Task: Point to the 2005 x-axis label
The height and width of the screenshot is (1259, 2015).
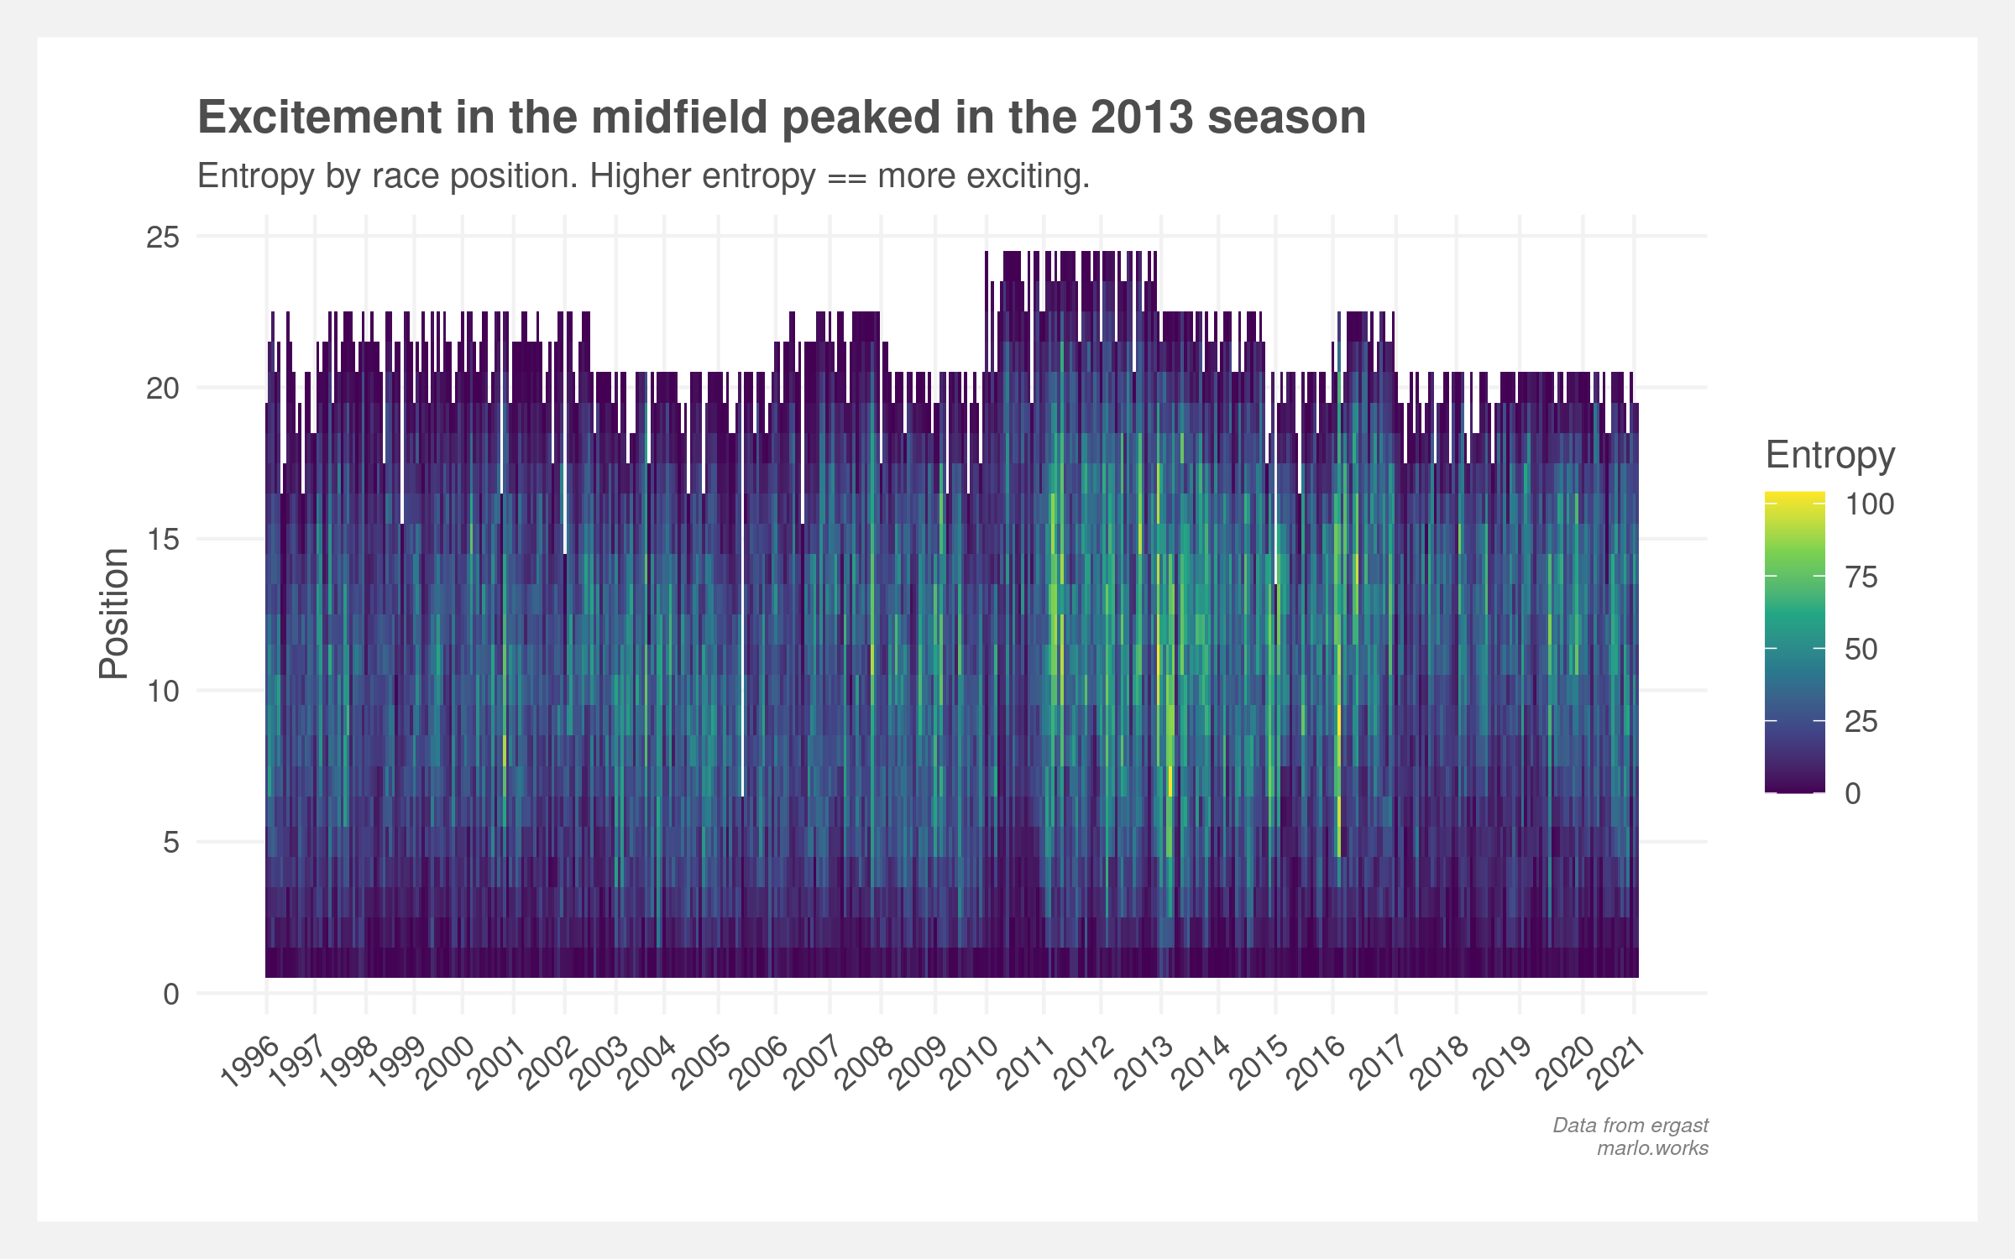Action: click(702, 1063)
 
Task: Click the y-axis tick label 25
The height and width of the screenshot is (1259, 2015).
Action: click(163, 238)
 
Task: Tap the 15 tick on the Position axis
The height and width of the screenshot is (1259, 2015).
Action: click(163, 540)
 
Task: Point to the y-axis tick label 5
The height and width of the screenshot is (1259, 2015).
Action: click(171, 842)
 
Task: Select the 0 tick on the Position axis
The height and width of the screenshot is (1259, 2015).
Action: click(171, 994)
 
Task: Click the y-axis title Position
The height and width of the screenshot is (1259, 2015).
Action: click(114, 614)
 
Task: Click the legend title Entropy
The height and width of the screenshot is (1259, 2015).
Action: click(1830, 455)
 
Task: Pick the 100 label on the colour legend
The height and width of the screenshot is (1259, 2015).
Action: click(1869, 504)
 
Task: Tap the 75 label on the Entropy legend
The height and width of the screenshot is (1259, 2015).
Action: click(1861, 577)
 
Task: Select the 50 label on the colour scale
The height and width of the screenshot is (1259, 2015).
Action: click(1861, 650)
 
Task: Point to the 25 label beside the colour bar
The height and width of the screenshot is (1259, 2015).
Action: click(1861, 722)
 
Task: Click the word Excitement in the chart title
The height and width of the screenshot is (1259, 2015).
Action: click(319, 117)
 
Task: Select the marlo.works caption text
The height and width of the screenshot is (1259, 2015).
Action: click(1652, 1148)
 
